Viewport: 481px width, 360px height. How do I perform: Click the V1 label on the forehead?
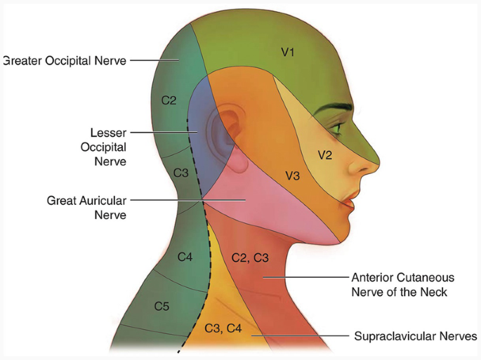click(x=287, y=52)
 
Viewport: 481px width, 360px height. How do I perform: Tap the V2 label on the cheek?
click(x=324, y=155)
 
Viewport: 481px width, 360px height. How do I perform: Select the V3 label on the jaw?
click(x=292, y=176)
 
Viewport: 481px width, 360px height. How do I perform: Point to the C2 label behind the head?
click(x=169, y=100)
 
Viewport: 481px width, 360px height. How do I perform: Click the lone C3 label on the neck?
click(x=180, y=173)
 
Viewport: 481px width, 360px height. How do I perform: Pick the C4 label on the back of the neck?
click(x=185, y=258)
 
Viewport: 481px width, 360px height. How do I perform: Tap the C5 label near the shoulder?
click(x=162, y=306)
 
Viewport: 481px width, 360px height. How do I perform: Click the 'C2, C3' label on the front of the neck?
click(x=250, y=258)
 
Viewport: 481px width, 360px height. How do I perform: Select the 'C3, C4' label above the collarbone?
click(x=223, y=328)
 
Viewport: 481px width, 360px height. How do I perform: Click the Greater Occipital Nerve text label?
click(x=65, y=61)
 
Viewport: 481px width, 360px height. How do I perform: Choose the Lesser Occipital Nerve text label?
click(x=108, y=147)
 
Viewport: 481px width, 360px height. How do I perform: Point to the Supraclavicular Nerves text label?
click(x=416, y=335)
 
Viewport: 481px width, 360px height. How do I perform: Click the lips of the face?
click(x=348, y=202)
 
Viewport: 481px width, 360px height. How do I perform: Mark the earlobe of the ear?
click(x=239, y=166)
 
